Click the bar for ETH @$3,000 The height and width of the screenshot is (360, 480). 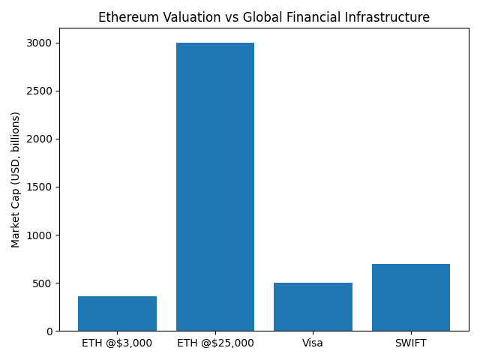click(x=117, y=313)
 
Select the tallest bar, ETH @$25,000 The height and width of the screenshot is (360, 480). click(x=215, y=187)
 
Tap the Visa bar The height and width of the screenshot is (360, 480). click(x=313, y=307)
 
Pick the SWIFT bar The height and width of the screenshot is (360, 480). click(x=411, y=297)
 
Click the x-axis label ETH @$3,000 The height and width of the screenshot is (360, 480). click(x=117, y=343)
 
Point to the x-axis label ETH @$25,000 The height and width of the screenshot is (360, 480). click(x=215, y=343)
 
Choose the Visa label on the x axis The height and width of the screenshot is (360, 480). click(x=313, y=343)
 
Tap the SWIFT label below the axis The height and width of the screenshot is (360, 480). click(x=411, y=343)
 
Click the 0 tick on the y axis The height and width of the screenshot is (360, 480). click(x=49, y=331)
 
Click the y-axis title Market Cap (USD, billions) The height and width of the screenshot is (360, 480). click(x=16, y=179)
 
